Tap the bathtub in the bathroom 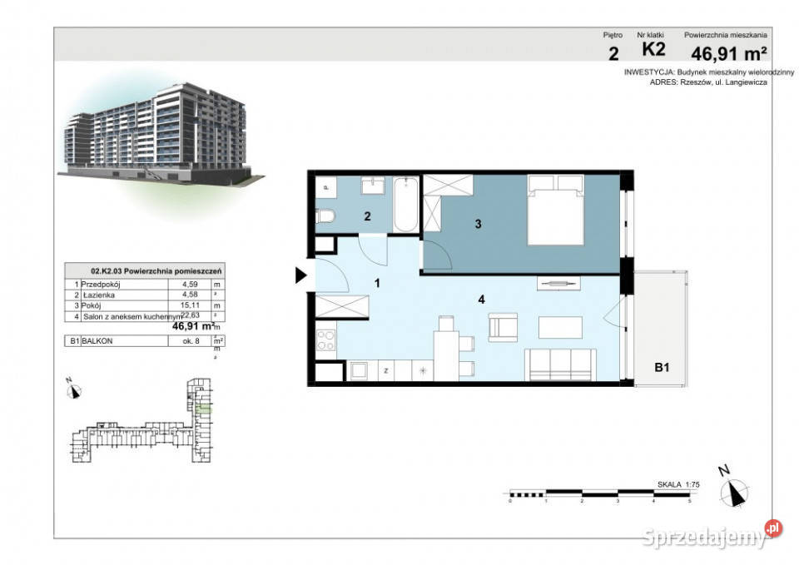[405, 205]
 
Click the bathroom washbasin [372, 186]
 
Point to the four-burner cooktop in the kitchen [326, 341]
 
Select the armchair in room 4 [502, 326]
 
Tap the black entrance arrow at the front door [301, 275]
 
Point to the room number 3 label [478, 223]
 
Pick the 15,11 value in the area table [178, 305]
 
